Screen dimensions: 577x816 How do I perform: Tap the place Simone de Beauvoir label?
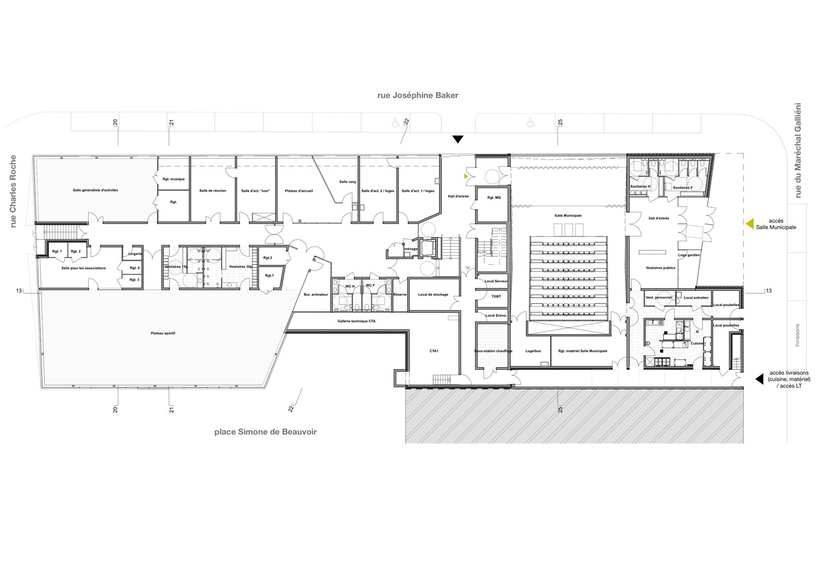(265, 432)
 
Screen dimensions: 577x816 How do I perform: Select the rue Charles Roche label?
(13, 190)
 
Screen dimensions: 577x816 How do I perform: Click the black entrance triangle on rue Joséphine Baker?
(458, 139)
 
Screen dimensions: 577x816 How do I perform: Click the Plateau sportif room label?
(163, 334)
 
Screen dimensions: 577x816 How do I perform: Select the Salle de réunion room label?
(213, 190)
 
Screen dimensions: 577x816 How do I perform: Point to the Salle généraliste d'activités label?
(95, 190)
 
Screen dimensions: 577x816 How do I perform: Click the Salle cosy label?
(347, 182)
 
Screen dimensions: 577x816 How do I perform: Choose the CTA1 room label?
(434, 350)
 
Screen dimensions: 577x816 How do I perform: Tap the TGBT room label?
(496, 295)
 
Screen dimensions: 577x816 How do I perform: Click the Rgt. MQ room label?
(493, 198)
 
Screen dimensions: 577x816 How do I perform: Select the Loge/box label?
(533, 351)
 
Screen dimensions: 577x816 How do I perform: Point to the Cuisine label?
(697, 343)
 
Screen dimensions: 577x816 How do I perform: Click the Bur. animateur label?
(316, 295)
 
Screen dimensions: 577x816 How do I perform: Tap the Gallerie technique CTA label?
(357, 321)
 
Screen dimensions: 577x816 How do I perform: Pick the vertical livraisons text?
(797, 335)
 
